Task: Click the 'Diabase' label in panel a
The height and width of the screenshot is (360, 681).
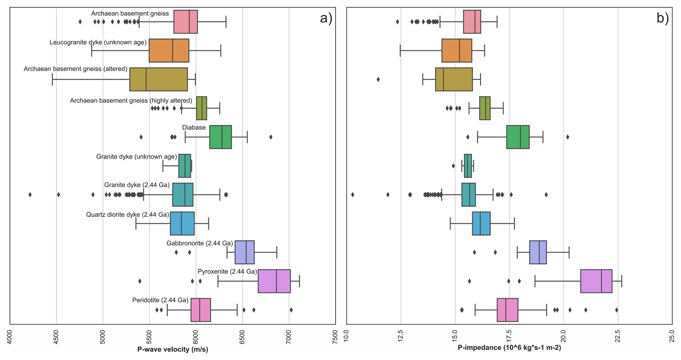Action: (x=194, y=127)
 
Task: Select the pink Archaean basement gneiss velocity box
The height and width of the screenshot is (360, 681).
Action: (x=185, y=22)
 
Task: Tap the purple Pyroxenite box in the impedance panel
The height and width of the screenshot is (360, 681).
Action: (x=596, y=281)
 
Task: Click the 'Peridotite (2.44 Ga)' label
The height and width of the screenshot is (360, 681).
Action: (x=160, y=300)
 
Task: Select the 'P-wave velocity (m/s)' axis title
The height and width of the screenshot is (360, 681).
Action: (x=172, y=349)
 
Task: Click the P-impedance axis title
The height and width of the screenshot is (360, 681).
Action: (x=509, y=348)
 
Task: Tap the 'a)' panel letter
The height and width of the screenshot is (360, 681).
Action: (x=326, y=18)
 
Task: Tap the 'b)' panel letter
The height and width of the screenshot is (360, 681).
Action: (x=662, y=18)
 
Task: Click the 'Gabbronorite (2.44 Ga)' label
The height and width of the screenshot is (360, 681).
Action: (x=199, y=243)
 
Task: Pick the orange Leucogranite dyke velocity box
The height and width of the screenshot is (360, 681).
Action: (x=169, y=50)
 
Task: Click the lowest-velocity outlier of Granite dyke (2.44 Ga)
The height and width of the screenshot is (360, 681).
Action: (x=30, y=195)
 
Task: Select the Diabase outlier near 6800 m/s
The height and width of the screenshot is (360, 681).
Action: (x=271, y=137)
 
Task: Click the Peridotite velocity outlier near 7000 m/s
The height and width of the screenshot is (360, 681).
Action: (x=291, y=310)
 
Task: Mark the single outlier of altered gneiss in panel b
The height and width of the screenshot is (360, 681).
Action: (x=378, y=79)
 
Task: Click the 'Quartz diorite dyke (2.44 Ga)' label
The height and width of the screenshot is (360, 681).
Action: (x=127, y=215)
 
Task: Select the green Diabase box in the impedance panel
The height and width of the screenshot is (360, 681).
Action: (x=518, y=137)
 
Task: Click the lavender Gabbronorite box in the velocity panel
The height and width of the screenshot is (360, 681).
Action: (x=244, y=252)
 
